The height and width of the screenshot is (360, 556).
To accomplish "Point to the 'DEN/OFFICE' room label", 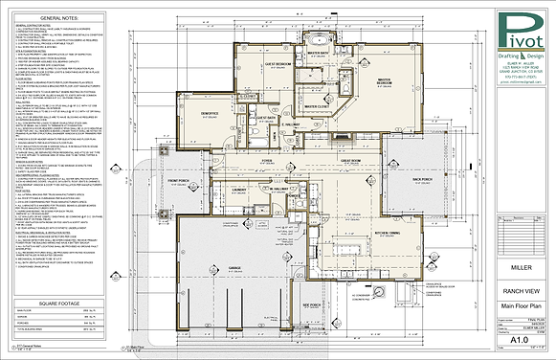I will click(213, 111).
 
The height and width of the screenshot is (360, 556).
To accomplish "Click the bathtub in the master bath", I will click(321, 40).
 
